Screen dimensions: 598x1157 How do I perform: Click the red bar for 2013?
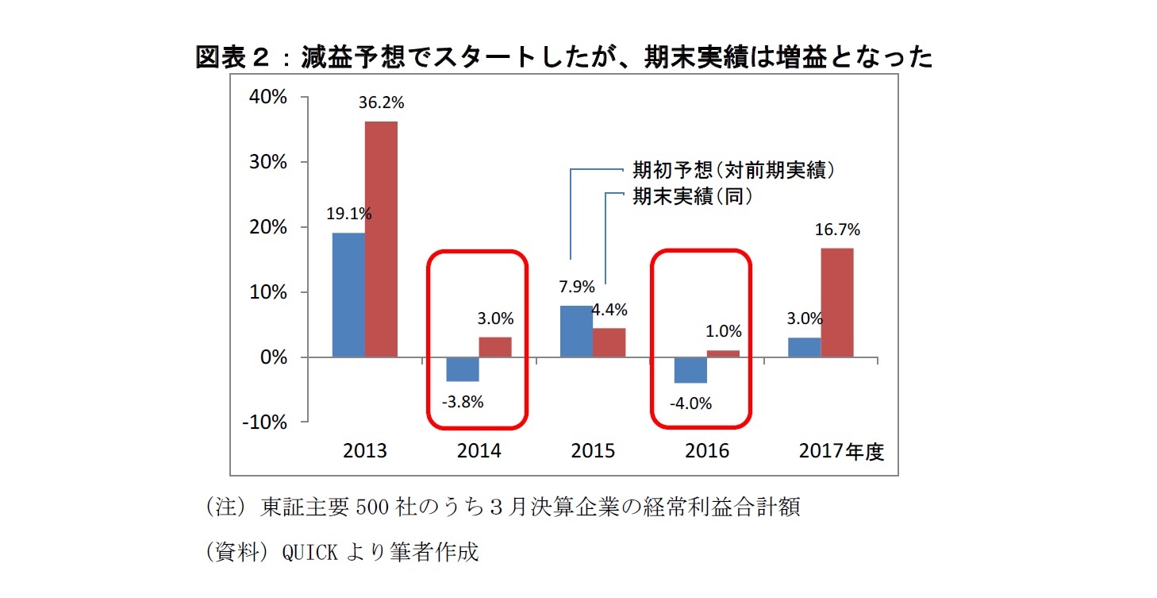click(381, 239)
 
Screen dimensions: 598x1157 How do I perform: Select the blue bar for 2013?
click(348, 295)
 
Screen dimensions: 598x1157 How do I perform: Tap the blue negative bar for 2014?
click(463, 369)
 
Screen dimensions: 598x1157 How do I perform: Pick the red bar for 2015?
click(609, 342)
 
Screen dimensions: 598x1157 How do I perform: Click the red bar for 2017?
click(837, 303)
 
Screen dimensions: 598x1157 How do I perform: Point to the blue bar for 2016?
click(690, 370)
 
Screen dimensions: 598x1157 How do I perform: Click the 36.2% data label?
click(382, 102)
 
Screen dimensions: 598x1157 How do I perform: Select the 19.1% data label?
click(349, 214)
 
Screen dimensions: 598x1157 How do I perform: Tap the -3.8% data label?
click(463, 401)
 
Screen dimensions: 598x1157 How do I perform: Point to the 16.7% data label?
click(837, 230)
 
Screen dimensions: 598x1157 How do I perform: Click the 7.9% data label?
click(577, 287)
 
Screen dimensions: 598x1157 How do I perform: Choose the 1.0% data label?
click(723, 331)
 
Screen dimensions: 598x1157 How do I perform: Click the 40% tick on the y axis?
click(267, 97)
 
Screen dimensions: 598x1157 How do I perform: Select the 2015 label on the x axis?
click(593, 451)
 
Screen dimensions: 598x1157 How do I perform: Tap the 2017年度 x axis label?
click(841, 451)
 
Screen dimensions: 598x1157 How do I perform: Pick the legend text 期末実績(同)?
click(691, 196)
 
